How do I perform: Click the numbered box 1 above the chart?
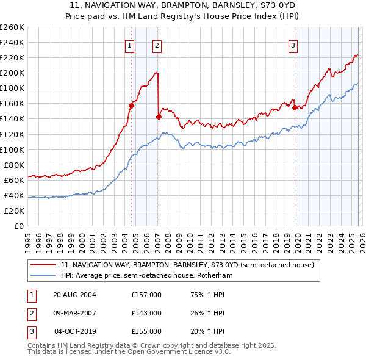tap(130, 45)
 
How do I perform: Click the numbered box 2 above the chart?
tap(157, 45)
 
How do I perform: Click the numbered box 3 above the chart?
tap(293, 45)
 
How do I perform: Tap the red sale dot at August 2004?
tap(131, 106)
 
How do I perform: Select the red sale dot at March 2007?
tap(159, 116)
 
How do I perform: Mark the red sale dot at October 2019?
tap(295, 107)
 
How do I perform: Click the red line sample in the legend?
tap(43, 265)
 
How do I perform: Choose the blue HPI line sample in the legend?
tap(43, 276)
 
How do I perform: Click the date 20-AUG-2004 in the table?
tap(74, 295)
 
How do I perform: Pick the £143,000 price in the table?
tap(146, 313)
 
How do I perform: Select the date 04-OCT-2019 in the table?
tap(76, 331)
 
